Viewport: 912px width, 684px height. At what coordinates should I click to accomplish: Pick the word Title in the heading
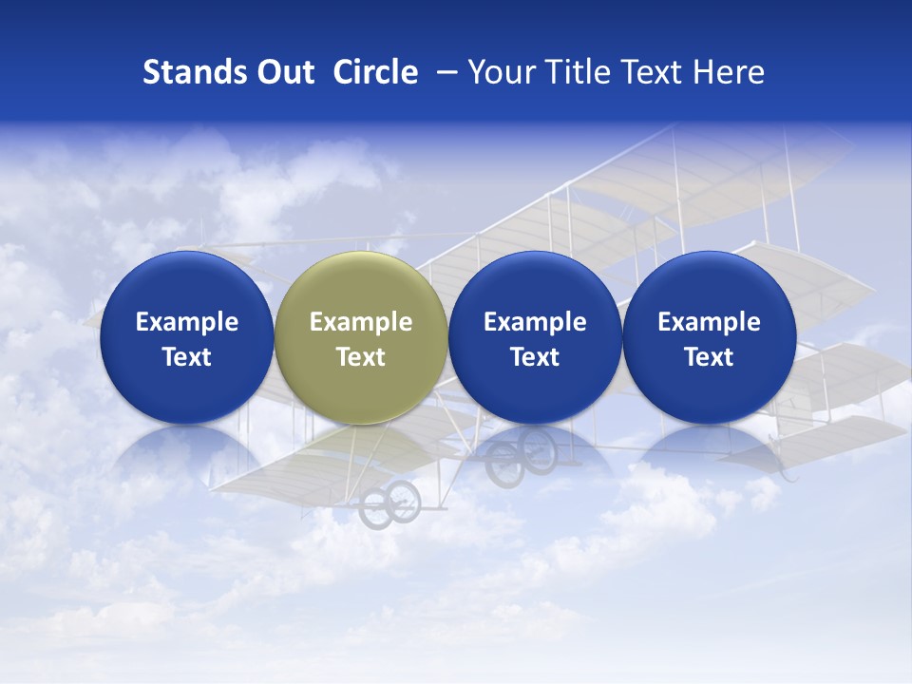pyautogui.click(x=574, y=72)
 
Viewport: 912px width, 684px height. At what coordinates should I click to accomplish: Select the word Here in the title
pyautogui.click(x=729, y=72)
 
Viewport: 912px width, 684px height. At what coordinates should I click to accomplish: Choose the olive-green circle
pyautogui.click(x=360, y=337)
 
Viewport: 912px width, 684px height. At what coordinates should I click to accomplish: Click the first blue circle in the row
pyautogui.click(x=186, y=337)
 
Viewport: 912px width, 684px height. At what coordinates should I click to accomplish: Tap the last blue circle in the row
pyautogui.click(x=709, y=337)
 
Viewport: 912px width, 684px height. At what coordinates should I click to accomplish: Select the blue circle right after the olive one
pyautogui.click(x=535, y=337)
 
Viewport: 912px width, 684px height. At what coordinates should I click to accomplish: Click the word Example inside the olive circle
pyautogui.click(x=360, y=322)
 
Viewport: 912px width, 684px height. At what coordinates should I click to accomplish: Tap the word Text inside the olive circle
pyautogui.click(x=360, y=357)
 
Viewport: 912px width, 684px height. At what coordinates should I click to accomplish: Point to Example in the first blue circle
pyautogui.click(x=186, y=322)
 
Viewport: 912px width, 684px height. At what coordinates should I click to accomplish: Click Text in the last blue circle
pyautogui.click(x=709, y=357)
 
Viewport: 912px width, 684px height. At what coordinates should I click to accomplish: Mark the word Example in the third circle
pyautogui.click(x=535, y=322)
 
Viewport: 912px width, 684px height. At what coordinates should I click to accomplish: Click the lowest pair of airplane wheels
pyautogui.click(x=389, y=503)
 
